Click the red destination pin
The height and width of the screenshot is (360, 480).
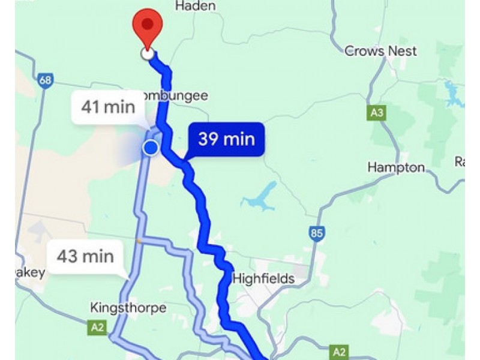[148, 26]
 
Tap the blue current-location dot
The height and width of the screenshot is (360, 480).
[151, 148]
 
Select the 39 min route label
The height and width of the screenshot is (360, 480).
[226, 140]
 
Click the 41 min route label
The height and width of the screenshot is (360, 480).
[108, 107]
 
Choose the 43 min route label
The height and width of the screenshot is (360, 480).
[85, 257]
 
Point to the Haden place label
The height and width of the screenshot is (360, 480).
[195, 6]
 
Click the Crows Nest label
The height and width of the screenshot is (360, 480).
[380, 51]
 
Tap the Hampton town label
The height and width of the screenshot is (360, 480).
[395, 167]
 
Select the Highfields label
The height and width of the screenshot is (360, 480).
[263, 278]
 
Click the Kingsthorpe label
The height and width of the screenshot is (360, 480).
[128, 308]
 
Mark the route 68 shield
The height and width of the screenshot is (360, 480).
[44, 80]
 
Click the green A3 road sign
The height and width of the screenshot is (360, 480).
[376, 112]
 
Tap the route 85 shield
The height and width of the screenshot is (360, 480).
[317, 233]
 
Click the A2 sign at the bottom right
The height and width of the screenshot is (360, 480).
[340, 351]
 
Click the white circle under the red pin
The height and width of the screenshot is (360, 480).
[147, 54]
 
